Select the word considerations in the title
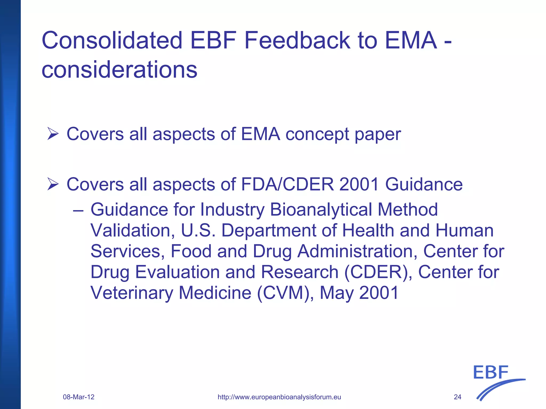(x=119, y=70)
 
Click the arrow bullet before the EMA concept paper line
(x=53, y=134)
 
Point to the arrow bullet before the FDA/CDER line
(x=53, y=184)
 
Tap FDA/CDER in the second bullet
(x=287, y=184)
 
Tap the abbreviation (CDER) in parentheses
(x=378, y=272)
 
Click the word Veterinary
(x=132, y=293)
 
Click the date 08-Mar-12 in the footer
(x=79, y=397)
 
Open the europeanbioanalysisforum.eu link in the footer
(x=279, y=397)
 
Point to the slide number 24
(x=457, y=397)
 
